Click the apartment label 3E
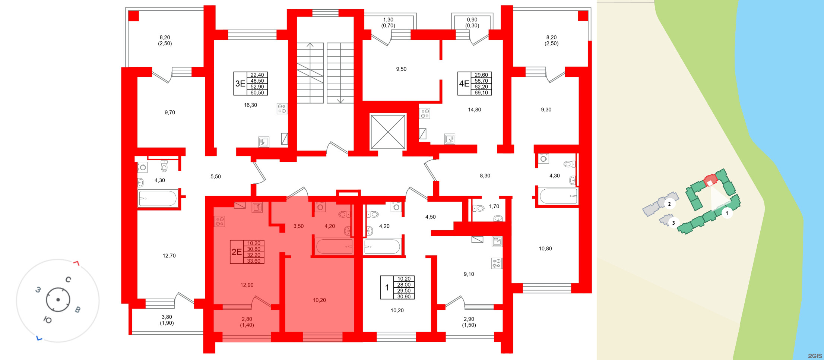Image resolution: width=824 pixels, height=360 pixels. pos(240,84)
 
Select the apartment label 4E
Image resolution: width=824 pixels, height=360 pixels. pos(464,84)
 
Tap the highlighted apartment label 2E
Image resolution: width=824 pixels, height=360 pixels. pos(237,252)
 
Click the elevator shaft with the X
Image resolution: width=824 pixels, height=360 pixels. pos(388,132)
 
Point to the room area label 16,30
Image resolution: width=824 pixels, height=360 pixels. pos(250,105)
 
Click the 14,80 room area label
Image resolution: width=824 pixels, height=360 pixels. pos(474,110)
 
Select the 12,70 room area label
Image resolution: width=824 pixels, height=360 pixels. pos(169,256)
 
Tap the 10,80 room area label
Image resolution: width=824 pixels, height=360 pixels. pos(545,249)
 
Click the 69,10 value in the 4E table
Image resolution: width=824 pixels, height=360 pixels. pos(481,93)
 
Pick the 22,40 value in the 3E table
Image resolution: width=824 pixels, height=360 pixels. pos(257,75)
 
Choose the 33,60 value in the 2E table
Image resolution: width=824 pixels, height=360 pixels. pos(254,261)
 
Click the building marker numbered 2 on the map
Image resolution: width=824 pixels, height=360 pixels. pos(669,204)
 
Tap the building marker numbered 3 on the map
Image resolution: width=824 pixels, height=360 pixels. pos(673,223)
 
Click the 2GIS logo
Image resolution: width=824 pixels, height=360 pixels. pos(815,356)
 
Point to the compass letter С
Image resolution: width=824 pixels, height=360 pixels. pos(68,280)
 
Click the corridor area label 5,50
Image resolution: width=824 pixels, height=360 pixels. pos(216,177)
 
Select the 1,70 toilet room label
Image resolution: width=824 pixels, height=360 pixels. pos(494,206)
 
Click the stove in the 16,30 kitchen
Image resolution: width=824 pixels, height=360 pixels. pos(282,108)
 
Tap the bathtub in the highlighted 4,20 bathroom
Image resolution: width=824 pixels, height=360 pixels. pos(334,246)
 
